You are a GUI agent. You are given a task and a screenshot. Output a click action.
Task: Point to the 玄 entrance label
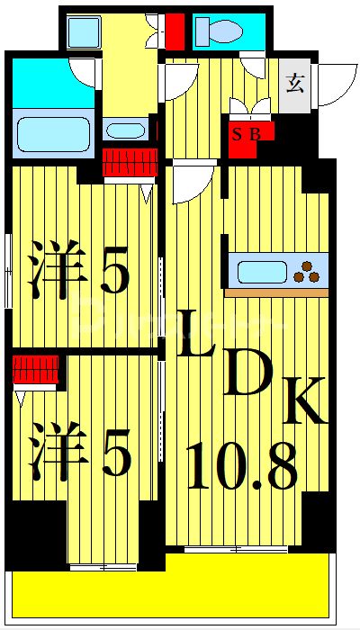coord(294,85)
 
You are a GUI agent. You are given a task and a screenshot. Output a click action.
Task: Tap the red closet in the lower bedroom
coord(37,369)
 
